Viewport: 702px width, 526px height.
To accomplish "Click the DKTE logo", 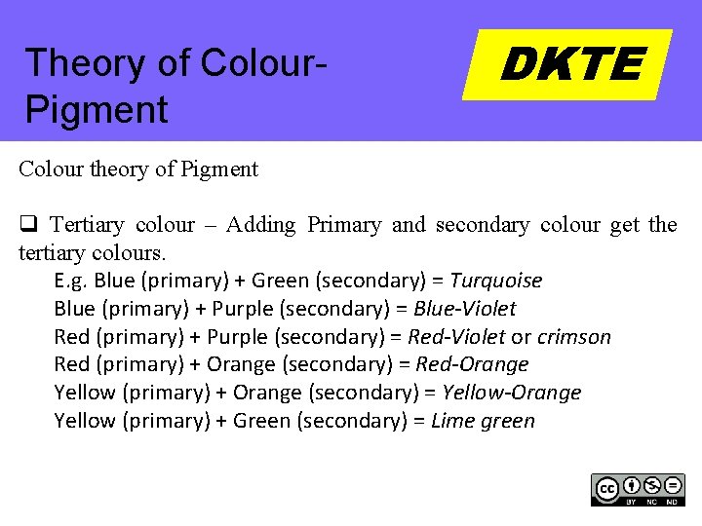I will tap(568, 64).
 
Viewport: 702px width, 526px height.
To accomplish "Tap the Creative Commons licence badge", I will tap(638, 489).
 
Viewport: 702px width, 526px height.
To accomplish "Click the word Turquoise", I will tap(496, 281).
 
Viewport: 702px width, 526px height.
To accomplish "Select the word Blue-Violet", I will tap(465, 309).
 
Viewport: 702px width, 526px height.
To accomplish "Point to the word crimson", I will tap(574, 337).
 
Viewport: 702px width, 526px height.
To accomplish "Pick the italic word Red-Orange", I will tap(472, 364).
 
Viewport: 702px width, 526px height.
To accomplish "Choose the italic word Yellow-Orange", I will tap(512, 393).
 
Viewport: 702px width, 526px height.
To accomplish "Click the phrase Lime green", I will tap(483, 421).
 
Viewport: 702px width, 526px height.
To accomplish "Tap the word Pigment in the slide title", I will tap(97, 109).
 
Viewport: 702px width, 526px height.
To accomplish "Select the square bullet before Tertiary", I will tap(26, 225).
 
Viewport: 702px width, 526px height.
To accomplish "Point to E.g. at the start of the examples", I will tap(71, 281).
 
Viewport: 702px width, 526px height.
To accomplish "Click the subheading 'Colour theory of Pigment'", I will tap(138, 169).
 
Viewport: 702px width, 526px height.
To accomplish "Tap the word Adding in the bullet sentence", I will tap(260, 225).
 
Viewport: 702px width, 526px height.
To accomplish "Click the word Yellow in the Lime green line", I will tap(85, 421).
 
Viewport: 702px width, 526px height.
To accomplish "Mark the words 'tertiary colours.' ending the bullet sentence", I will tap(93, 252).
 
